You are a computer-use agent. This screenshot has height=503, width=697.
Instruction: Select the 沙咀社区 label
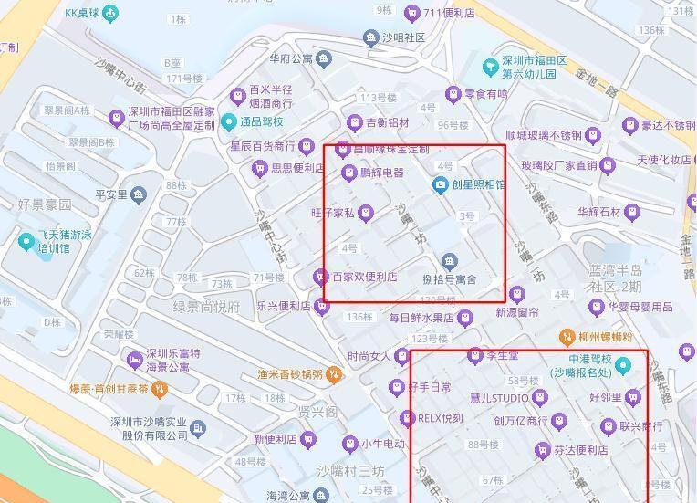click(403, 37)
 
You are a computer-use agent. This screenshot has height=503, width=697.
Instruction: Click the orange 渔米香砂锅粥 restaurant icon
click(335, 373)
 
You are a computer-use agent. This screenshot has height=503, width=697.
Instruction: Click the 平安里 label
click(111, 194)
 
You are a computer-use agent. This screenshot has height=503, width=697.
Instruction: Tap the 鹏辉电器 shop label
click(381, 173)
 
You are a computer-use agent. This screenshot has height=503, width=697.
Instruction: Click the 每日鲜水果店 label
click(421, 318)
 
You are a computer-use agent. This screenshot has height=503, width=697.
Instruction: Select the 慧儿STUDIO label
click(499, 398)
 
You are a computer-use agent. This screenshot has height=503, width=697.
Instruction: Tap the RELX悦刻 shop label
click(441, 419)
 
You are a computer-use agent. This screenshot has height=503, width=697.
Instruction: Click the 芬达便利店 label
click(581, 450)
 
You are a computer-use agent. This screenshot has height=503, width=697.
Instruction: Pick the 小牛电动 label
click(382, 444)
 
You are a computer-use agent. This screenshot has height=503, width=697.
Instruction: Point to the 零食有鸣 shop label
click(485, 94)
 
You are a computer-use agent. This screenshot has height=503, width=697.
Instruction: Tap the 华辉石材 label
click(598, 212)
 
